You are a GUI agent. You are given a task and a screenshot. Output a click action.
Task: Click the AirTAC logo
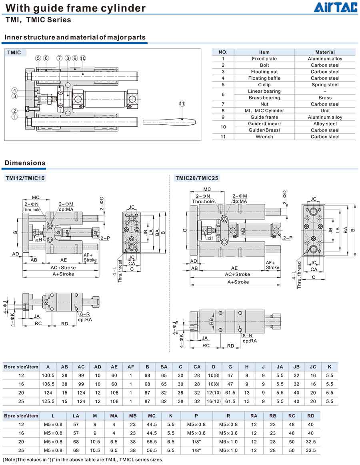pyautogui.click(x=335, y=7)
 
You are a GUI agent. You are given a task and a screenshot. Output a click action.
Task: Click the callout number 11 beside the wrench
pyautogui.click(x=182, y=104)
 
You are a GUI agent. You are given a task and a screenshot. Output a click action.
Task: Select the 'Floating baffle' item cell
pyautogui.click(x=264, y=78)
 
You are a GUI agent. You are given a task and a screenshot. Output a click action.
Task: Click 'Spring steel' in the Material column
pyautogui.click(x=325, y=84)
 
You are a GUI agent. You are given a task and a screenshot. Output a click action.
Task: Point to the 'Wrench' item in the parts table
pyautogui.click(x=264, y=136)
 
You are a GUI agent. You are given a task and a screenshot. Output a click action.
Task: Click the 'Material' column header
pyautogui.click(x=325, y=52)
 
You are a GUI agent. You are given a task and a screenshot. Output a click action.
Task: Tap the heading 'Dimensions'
pyautogui.click(x=25, y=163)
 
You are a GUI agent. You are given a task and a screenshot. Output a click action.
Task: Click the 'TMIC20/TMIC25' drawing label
pyautogui.click(x=197, y=178)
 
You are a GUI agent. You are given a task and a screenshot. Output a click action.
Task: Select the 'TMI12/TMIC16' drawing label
pyautogui.click(x=25, y=178)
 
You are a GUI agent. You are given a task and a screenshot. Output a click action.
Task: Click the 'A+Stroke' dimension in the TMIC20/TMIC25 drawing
pyautogui.click(x=238, y=282)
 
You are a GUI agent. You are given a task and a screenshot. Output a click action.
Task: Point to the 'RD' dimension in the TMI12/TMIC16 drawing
pyautogui.click(x=64, y=323)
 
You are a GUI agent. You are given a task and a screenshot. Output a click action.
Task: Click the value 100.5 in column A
pyautogui.click(x=48, y=375)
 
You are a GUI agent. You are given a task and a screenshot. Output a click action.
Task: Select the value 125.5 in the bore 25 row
pyautogui.click(x=48, y=401)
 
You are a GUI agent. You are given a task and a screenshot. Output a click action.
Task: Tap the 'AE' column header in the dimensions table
pyautogui.click(x=114, y=367)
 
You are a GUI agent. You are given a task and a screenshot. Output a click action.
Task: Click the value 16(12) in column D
pyautogui.click(x=214, y=401)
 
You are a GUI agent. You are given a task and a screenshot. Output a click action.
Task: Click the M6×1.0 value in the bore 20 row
pyautogui.click(x=228, y=441)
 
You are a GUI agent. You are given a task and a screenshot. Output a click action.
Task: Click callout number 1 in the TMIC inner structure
pyautogui.click(x=14, y=117)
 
